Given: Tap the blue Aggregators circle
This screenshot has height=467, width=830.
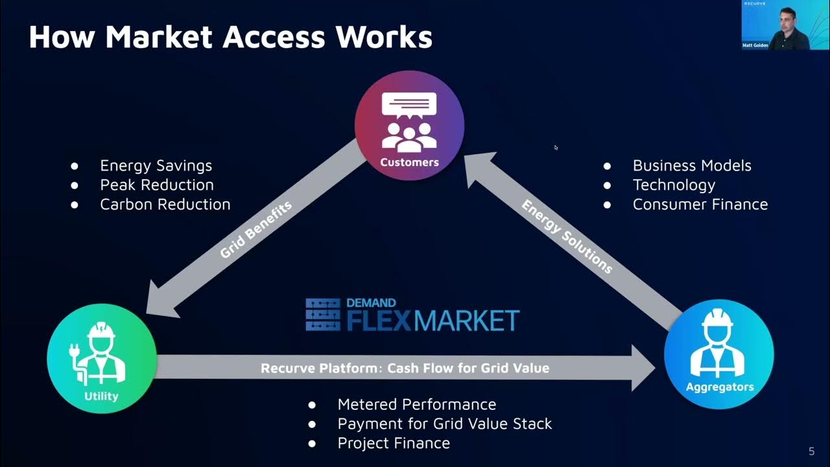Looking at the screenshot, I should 719,353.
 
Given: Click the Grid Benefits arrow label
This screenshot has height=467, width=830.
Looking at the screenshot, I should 256,230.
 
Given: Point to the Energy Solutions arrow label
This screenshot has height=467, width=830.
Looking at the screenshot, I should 567,236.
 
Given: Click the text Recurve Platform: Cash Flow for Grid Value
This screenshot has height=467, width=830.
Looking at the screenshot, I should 405,368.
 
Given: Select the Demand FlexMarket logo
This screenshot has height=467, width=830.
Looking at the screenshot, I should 412,315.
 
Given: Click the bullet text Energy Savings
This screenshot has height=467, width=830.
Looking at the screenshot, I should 156,166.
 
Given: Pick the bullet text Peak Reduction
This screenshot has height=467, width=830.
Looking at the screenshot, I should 156,185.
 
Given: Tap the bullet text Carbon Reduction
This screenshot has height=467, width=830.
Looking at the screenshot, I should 165,204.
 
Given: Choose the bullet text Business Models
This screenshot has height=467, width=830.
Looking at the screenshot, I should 692,165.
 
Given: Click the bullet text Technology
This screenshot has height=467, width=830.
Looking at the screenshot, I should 674,185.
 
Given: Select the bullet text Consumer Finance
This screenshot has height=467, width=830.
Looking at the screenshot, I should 700,204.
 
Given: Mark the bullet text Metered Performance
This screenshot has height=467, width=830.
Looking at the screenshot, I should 416,405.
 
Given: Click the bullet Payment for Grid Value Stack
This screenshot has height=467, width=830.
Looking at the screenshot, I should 444,424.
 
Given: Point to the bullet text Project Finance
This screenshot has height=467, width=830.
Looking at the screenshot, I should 394,444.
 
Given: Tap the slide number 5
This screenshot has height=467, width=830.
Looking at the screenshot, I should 811,451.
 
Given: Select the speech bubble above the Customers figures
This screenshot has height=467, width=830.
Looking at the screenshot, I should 409,104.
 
